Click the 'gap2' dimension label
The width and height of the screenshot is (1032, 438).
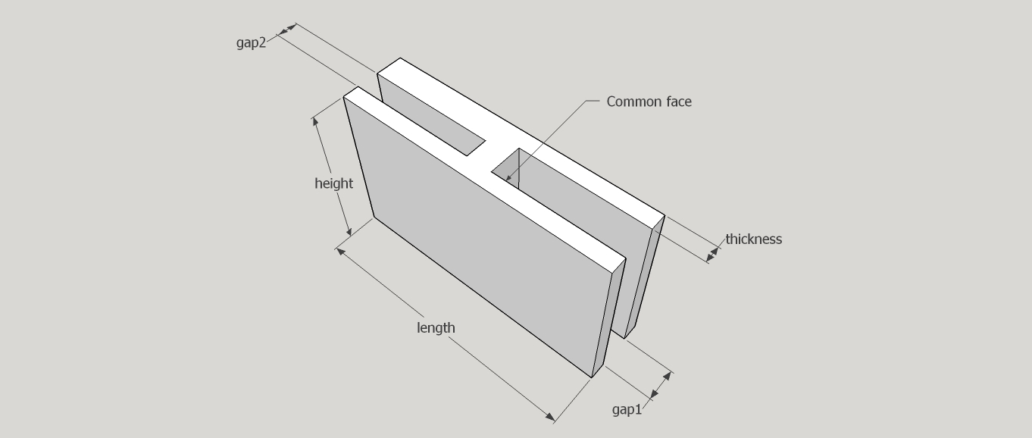(x=251, y=43)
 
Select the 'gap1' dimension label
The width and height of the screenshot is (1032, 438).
(x=627, y=409)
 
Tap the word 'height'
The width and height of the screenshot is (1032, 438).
(x=333, y=183)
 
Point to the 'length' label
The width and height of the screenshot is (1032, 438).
(x=436, y=327)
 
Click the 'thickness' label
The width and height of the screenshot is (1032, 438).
(x=754, y=239)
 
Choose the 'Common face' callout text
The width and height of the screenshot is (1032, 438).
(x=649, y=102)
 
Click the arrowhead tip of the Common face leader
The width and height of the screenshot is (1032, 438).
(x=506, y=181)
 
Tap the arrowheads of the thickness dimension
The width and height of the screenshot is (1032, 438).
(x=712, y=254)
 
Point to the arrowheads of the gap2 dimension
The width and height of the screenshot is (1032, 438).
(x=286, y=29)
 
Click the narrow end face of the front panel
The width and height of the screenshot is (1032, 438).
(x=608, y=318)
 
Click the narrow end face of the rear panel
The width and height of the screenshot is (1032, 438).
(x=645, y=277)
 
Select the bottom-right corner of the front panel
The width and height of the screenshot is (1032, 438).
(x=592, y=377)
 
